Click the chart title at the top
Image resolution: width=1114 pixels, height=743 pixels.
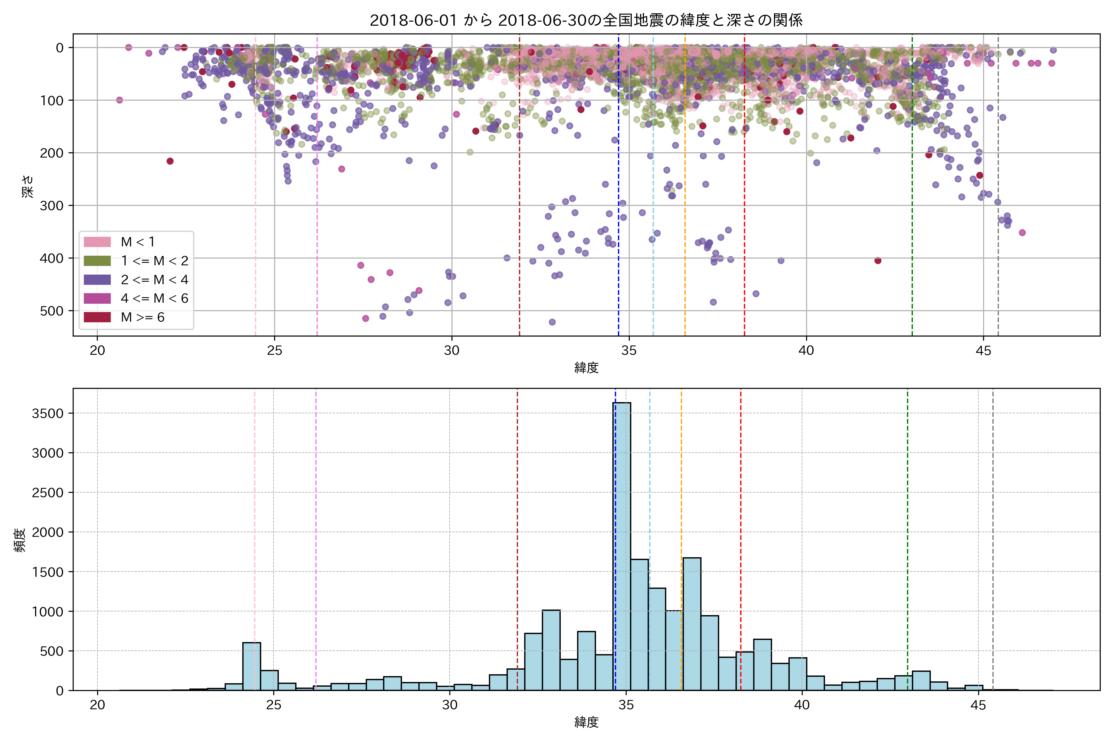coord(586,20)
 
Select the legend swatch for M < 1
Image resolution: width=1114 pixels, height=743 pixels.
coord(97,242)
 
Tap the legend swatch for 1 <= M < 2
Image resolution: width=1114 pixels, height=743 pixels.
coord(97,261)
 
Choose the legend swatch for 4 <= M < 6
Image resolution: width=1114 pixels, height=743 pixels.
coord(97,298)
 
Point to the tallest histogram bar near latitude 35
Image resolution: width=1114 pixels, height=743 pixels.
coord(622,545)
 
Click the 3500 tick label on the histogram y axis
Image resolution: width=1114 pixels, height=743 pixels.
coord(47,414)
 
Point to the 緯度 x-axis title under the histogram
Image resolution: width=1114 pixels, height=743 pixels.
coord(586,722)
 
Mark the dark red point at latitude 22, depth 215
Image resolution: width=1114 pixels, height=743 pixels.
coord(170,161)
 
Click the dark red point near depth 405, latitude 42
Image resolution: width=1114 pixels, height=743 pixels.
coord(878,261)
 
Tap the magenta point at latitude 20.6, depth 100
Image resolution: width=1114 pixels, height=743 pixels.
coord(119,100)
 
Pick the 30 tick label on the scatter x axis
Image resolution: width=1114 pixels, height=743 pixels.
coord(451,351)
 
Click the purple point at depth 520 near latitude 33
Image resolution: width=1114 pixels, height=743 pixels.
coord(552,322)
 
